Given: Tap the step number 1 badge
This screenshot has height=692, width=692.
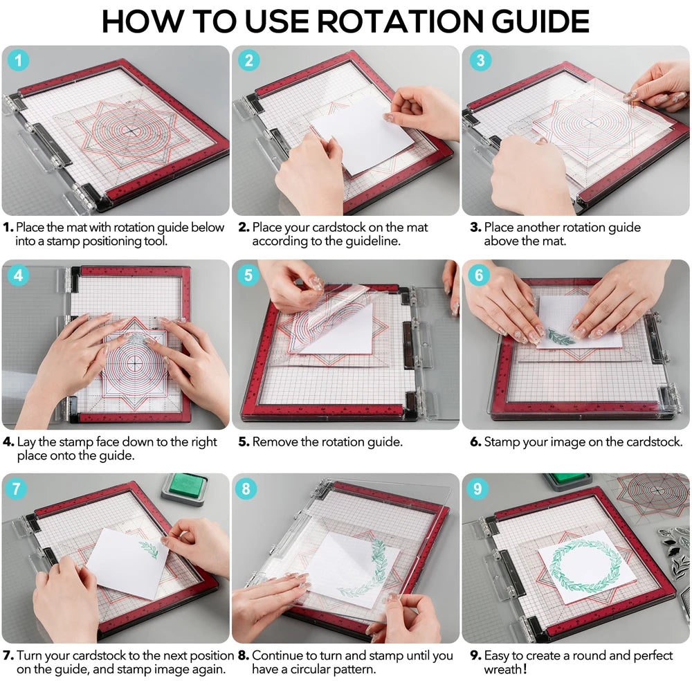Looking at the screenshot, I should point(19,61).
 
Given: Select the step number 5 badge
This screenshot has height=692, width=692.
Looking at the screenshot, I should point(249,275).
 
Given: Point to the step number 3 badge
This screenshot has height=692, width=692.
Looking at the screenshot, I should point(480,61).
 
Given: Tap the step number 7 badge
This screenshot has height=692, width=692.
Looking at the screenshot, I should point(19,489).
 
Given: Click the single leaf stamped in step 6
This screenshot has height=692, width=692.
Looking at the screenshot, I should point(561,336).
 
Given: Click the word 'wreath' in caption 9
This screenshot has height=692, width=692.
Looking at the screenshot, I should point(503,670).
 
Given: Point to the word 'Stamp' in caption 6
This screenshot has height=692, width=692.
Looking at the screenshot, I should point(502,441).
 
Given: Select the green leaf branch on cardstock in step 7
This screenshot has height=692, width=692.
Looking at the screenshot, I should point(149,549).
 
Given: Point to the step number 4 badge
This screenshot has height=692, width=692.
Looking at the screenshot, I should point(19,275).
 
